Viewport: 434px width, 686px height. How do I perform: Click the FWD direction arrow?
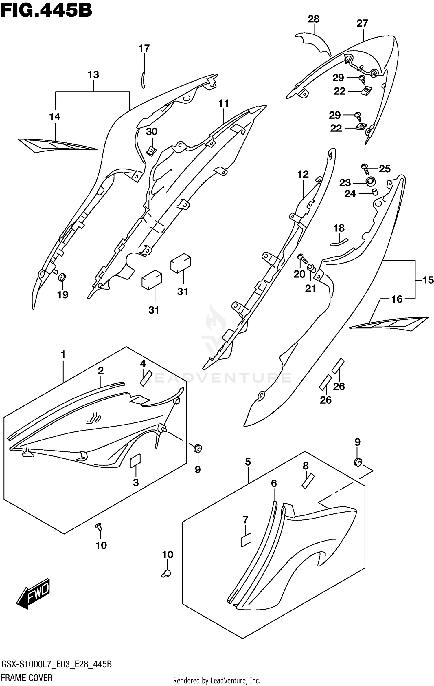tap(33, 592)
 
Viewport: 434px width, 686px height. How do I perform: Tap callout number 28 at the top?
tap(313, 19)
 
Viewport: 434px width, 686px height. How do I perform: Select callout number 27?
tap(362, 23)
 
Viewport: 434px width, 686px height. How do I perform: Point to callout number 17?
tap(144, 48)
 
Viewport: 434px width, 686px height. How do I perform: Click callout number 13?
tap(93, 75)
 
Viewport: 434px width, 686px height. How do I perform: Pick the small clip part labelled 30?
tap(151, 151)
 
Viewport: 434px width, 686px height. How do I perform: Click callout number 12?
tap(303, 174)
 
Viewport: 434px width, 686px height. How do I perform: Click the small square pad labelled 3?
tap(135, 460)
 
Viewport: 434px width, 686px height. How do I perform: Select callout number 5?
tap(248, 462)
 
